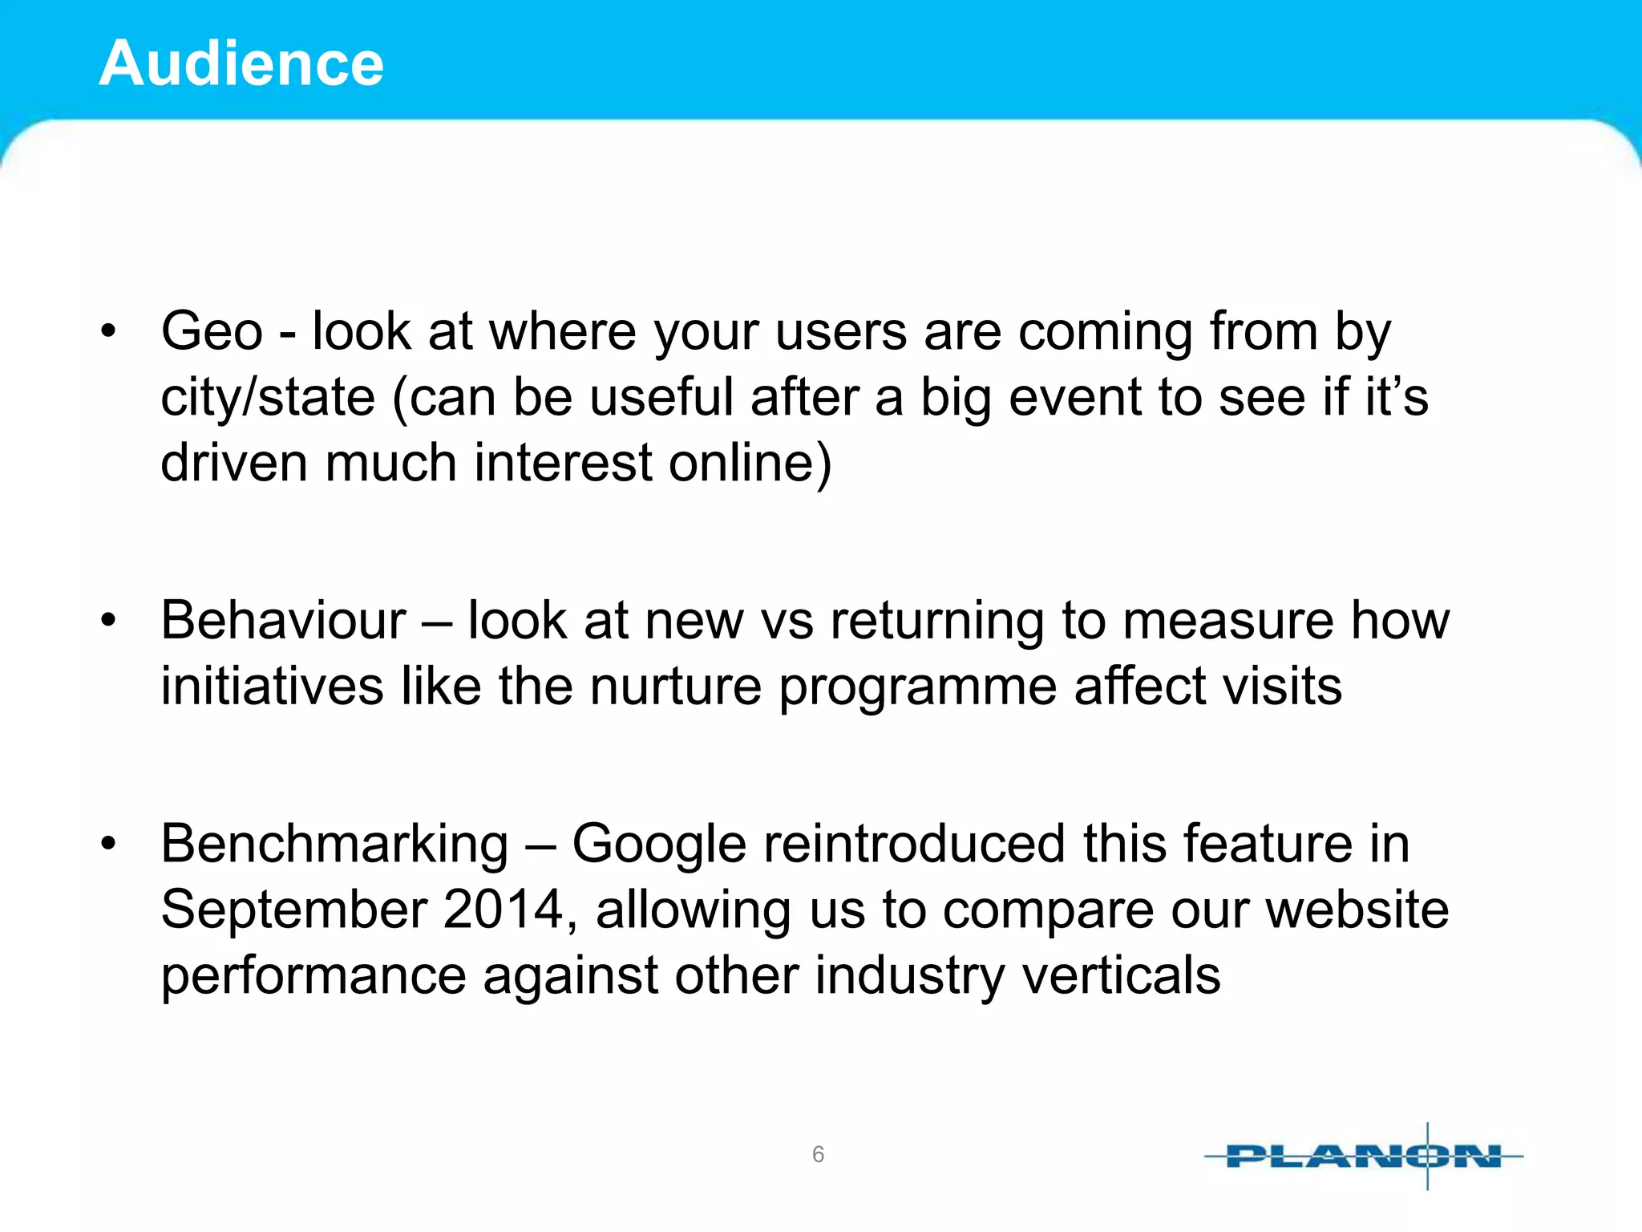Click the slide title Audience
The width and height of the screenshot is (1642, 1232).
[x=241, y=63]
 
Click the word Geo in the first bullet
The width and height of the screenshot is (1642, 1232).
[x=212, y=331]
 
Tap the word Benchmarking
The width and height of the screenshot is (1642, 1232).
[x=334, y=845]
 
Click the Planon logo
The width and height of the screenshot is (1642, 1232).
[x=1363, y=1156]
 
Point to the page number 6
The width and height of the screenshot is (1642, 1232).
[x=818, y=1154]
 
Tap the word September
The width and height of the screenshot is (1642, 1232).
[x=293, y=910]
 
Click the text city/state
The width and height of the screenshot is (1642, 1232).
[x=268, y=398]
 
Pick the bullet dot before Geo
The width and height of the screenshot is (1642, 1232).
[x=109, y=331]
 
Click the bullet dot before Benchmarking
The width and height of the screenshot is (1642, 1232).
[x=109, y=844]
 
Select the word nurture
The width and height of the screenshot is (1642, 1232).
[x=675, y=687]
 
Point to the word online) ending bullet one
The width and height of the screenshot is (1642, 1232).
[x=750, y=464]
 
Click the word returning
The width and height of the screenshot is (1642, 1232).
[x=937, y=622]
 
